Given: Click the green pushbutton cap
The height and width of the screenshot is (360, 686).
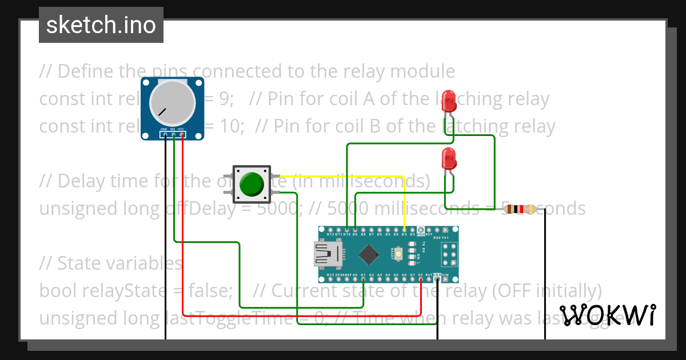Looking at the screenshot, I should click(x=252, y=184).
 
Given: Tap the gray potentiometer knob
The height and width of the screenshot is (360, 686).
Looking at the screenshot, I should click(x=172, y=103).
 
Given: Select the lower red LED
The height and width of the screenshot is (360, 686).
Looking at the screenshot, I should click(x=450, y=158).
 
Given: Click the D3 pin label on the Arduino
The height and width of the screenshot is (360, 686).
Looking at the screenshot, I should click(x=404, y=234).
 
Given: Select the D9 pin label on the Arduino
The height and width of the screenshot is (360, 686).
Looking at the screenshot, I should click(x=355, y=234).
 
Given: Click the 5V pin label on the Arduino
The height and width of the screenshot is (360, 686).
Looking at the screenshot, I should click(x=420, y=275).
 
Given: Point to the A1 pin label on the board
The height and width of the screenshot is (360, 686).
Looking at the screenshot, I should click(x=363, y=275).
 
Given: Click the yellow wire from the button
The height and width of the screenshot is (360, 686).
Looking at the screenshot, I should click(x=343, y=177).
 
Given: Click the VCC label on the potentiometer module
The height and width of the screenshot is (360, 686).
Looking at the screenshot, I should click(x=181, y=130).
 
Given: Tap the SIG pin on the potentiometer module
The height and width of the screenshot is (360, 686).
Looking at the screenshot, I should click(x=173, y=135).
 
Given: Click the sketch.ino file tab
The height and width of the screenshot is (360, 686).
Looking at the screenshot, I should click(x=101, y=25).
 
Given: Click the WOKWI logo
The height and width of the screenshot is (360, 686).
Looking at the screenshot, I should click(x=608, y=315).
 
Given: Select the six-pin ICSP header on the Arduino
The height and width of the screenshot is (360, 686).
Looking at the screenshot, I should click(x=449, y=254).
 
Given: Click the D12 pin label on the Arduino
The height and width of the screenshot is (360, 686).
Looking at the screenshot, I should click(x=330, y=234).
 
